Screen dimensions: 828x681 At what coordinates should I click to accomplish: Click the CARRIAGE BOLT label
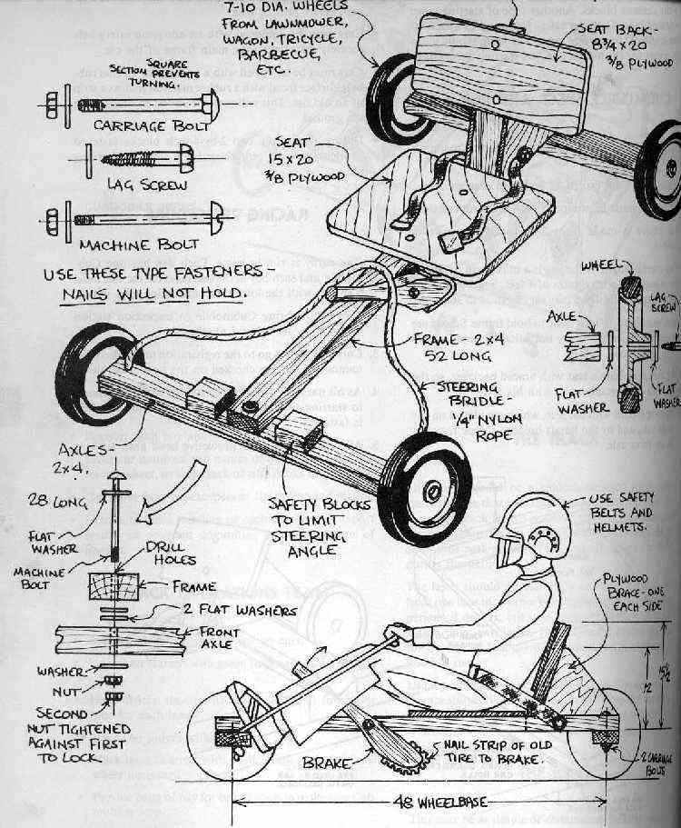(135, 125)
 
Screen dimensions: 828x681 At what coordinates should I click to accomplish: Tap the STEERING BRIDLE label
(462, 400)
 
